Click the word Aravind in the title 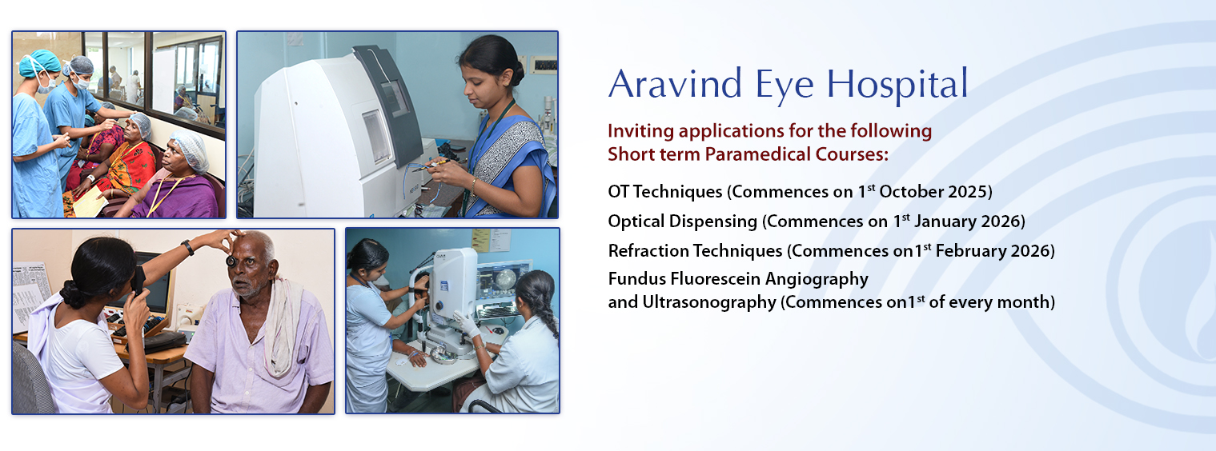pyautogui.click(x=676, y=84)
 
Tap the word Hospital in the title pyautogui.click(x=897, y=84)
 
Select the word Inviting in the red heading pyautogui.click(x=640, y=131)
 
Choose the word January pyautogui.click(x=945, y=222)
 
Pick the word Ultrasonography pyautogui.click(x=709, y=302)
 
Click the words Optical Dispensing pyautogui.click(x=682, y=222)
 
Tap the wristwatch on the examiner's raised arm pyautogui.click(x=188, y=247)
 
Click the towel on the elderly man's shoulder pyautogui.click(x=283, y=326)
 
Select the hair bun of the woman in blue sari pyautogui.click(x=518, y=73)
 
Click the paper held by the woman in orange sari pyautogui.click(x=90, y=202)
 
